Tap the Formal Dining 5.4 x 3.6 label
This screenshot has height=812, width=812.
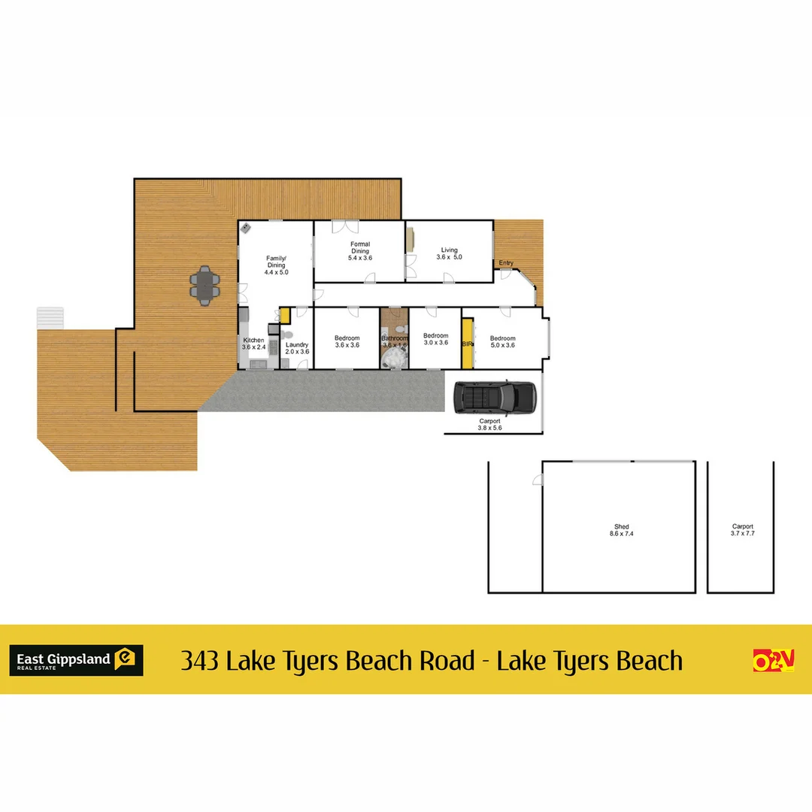click(x=360, y=250)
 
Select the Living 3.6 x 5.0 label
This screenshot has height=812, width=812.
click(x=449, y=253)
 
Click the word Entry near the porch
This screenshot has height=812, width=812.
click(x=506, y=263)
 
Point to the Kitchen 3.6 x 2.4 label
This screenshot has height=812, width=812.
click(x=253, y=344)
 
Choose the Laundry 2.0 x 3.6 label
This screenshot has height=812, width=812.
click(x=297, y=348)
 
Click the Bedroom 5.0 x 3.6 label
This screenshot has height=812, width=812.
click(x=502, y=341)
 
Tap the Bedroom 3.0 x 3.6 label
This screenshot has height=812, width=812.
click(x=435, y=339)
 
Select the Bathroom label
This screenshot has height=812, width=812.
click(x=394, y=339)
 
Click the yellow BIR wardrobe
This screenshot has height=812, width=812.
click(x=467, y=344)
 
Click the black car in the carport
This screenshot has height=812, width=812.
click(x=495, y=397)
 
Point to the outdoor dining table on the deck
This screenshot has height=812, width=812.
click(x=205, y=284)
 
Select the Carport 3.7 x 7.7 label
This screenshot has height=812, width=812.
click(x=742, y=530)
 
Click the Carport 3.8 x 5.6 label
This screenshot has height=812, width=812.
click(x=489, y=424)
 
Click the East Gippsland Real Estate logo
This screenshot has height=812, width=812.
click(x=76, y=660)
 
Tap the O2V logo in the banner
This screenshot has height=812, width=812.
click(x=774, y=660)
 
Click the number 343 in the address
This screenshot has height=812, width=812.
click(x=199, y=661)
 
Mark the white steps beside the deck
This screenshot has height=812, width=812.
click(x=51, y=317)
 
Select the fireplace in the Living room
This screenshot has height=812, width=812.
click(x=411, y=240)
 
